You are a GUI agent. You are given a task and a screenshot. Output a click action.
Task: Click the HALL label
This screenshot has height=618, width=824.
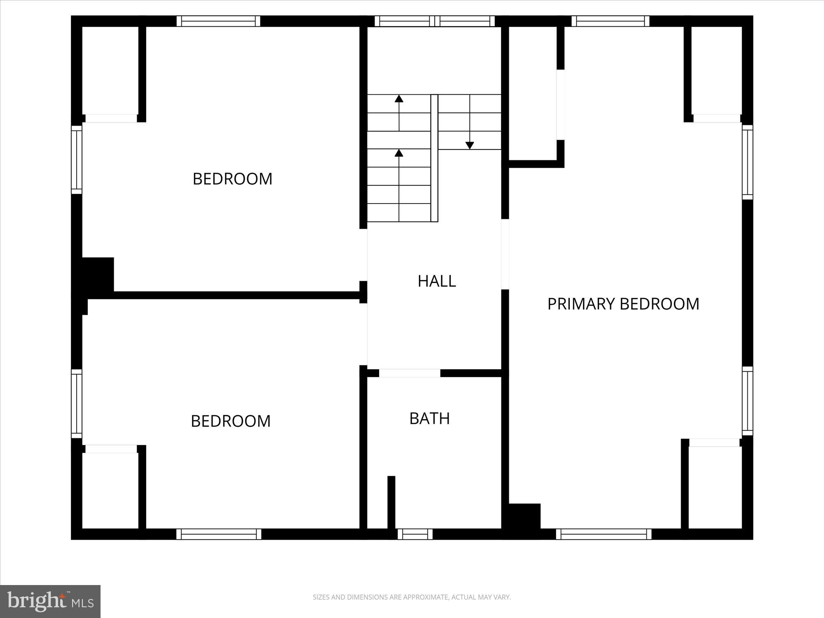tap(437, 281)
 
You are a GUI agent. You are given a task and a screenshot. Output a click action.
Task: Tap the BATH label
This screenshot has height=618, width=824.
tap(429, 419)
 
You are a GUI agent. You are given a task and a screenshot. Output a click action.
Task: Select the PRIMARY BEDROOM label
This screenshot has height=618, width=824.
tap(623, 304)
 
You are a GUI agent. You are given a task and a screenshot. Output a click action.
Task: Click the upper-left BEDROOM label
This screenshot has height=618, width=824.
tap(232, 179)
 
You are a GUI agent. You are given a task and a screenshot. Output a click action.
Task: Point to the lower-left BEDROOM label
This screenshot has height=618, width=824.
tap(231, 421)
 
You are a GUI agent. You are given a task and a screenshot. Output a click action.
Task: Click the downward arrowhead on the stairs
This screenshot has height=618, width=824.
tap(470, 145)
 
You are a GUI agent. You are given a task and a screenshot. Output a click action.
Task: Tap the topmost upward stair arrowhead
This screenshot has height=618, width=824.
tap(399, 98)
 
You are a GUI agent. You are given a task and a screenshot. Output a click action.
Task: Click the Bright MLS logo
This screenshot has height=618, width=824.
tap(50, 601)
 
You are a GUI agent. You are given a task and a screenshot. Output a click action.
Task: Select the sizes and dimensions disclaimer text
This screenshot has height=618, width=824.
tap(412, 597)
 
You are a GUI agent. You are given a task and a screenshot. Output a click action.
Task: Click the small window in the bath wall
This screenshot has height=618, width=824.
tap(415, 534)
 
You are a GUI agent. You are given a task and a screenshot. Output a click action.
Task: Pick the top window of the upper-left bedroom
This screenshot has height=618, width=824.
tap(218, 21)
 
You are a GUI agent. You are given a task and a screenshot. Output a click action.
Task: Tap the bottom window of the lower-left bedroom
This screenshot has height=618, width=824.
tap(219, 534)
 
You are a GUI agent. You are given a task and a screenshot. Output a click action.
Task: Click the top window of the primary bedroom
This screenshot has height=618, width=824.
tap(610, 21)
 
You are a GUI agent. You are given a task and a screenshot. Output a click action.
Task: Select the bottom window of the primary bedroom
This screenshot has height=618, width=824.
tap(604, 534)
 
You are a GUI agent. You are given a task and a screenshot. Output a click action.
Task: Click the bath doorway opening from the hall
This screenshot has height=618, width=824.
tap(410, 373)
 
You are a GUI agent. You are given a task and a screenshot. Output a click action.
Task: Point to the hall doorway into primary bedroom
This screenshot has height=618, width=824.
tap(505, 254)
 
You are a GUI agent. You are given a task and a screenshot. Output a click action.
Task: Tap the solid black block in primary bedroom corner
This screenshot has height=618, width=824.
tap(524, 516)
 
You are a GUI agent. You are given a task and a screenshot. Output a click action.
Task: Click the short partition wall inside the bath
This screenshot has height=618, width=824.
tap(391, 502)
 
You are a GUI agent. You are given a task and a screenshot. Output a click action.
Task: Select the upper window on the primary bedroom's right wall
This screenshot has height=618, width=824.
tap(748, 162)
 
